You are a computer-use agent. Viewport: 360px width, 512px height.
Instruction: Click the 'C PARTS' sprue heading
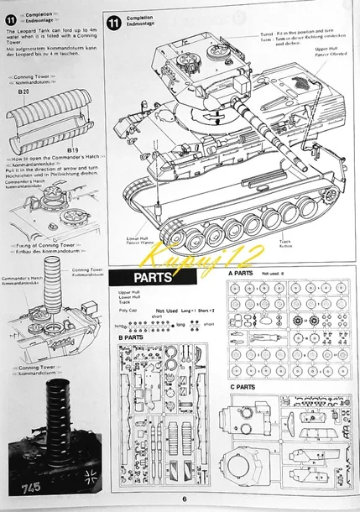point(243,386)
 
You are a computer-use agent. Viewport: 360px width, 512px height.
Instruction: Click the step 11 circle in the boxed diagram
point(114,22)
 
